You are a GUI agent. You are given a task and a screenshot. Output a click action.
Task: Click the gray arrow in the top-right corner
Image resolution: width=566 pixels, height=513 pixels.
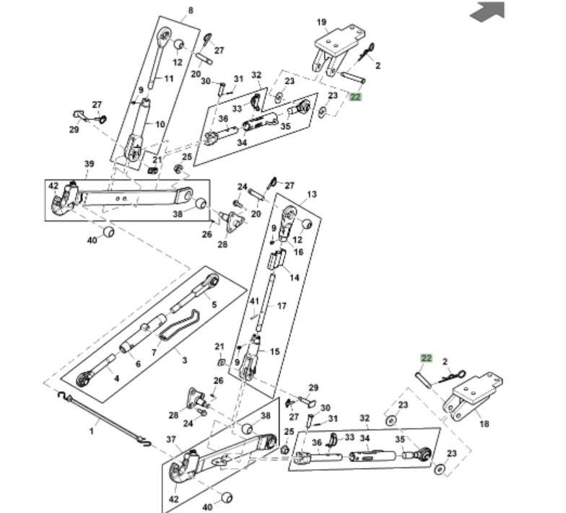tap(487, 11)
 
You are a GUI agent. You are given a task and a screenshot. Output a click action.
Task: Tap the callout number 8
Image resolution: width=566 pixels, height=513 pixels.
tap(191, 10)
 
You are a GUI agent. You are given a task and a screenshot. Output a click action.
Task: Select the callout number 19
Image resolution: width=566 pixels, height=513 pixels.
tap(321, 22)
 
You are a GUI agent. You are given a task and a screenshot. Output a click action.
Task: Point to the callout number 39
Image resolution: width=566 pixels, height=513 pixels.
tap(89, 165)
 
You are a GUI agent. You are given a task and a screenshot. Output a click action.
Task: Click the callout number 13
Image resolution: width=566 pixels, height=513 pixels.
tap(312, 195)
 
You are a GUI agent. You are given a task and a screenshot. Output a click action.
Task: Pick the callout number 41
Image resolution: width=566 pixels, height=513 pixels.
tap(254, 301)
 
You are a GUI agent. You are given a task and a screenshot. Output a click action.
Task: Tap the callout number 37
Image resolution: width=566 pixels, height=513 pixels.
tap(171, 439)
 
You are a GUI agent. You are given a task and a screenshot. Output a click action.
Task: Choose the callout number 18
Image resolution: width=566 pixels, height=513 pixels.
tap(484, 424)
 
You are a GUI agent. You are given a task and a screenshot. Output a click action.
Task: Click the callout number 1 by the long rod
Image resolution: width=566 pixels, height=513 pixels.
tap(92, 431)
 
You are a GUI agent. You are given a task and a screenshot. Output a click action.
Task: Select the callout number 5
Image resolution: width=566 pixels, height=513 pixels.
tap(214, 304)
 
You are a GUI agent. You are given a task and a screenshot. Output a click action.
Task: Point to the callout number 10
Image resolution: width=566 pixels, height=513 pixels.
tap(160, 124)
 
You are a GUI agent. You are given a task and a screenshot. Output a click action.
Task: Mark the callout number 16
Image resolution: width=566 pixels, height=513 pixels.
tap(298, 253)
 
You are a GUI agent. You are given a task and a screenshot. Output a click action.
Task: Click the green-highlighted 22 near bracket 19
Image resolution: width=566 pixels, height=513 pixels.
tap(355, 96)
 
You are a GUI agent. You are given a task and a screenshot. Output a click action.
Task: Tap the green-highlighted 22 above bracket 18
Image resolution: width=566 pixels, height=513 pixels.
tap(426, 358)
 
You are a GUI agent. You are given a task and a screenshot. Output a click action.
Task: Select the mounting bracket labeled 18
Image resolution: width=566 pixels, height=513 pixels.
tap(474, 395)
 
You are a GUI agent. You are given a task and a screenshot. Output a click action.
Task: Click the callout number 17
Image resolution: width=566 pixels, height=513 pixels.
tap(282, 306)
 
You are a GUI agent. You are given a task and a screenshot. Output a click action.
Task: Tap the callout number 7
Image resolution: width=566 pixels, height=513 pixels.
tap(153, 353)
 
